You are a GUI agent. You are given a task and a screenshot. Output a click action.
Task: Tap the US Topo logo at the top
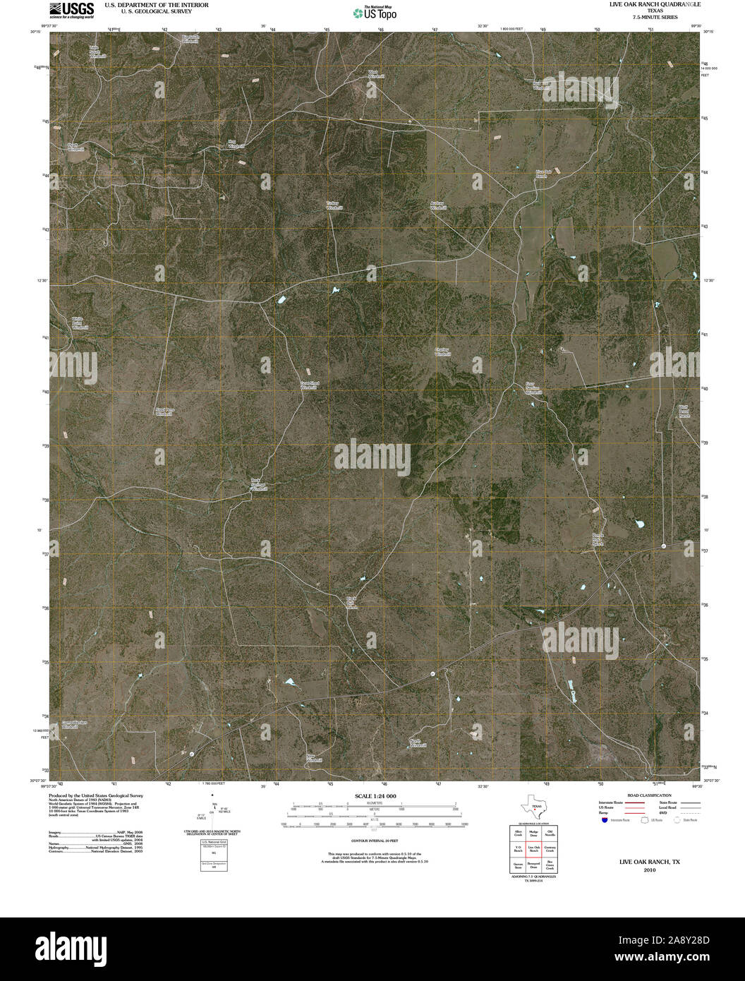(375, 12)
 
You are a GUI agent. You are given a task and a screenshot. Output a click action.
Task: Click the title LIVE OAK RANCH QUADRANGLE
(655, 5)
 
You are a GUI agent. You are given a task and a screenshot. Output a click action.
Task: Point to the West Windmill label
(375, 74)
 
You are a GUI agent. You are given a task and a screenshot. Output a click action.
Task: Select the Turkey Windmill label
(334, 205)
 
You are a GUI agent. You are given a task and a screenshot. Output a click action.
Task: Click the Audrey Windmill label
(438, 205)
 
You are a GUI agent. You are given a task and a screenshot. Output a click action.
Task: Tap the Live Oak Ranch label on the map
(542, 174)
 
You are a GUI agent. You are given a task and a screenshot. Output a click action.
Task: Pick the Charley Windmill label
(442, 351)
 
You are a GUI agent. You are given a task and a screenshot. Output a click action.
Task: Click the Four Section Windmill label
(533, 387)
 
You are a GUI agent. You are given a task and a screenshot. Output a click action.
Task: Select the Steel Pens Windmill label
(164, 412)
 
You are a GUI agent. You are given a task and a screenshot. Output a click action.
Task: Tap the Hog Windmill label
(235, 144)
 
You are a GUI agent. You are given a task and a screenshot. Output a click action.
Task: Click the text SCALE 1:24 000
(375, 795)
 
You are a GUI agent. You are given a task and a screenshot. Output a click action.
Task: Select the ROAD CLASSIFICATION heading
(646, 795)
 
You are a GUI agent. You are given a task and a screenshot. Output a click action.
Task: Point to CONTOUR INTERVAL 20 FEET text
(375, 841)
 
